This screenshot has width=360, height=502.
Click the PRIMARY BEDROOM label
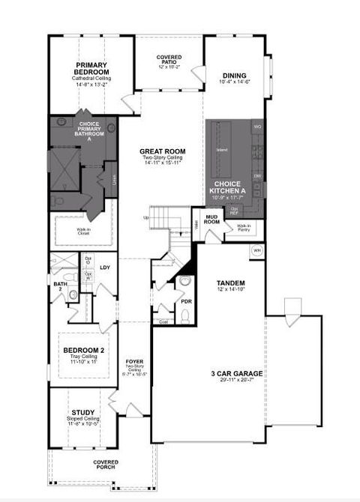92,67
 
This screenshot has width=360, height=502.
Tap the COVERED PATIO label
169,59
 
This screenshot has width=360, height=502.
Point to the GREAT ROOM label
163,151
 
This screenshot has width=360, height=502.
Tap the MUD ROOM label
212,220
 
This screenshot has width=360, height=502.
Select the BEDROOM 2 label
82,351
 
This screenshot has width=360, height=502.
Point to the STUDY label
82,412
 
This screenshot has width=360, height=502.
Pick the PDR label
187,301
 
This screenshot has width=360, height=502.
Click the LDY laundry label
106,267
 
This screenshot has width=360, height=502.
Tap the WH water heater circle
256,250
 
